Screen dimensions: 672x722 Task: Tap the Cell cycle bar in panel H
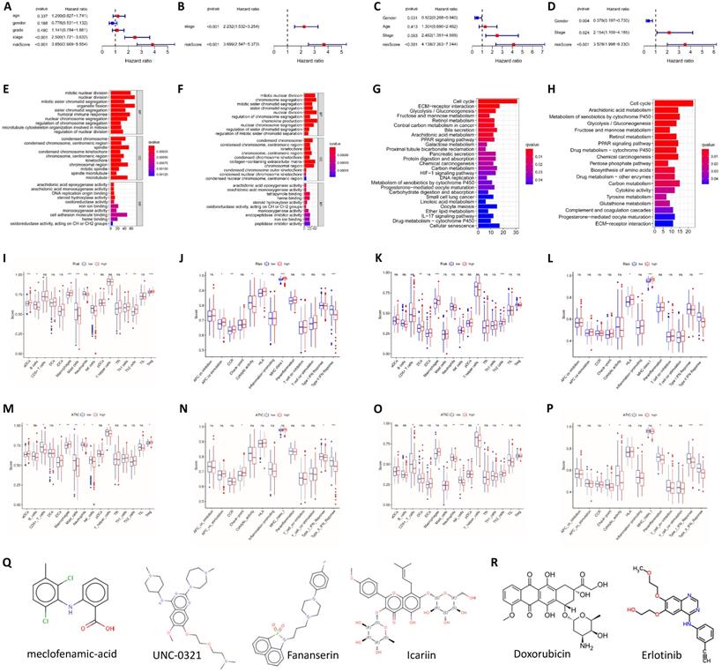coord(657,101)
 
